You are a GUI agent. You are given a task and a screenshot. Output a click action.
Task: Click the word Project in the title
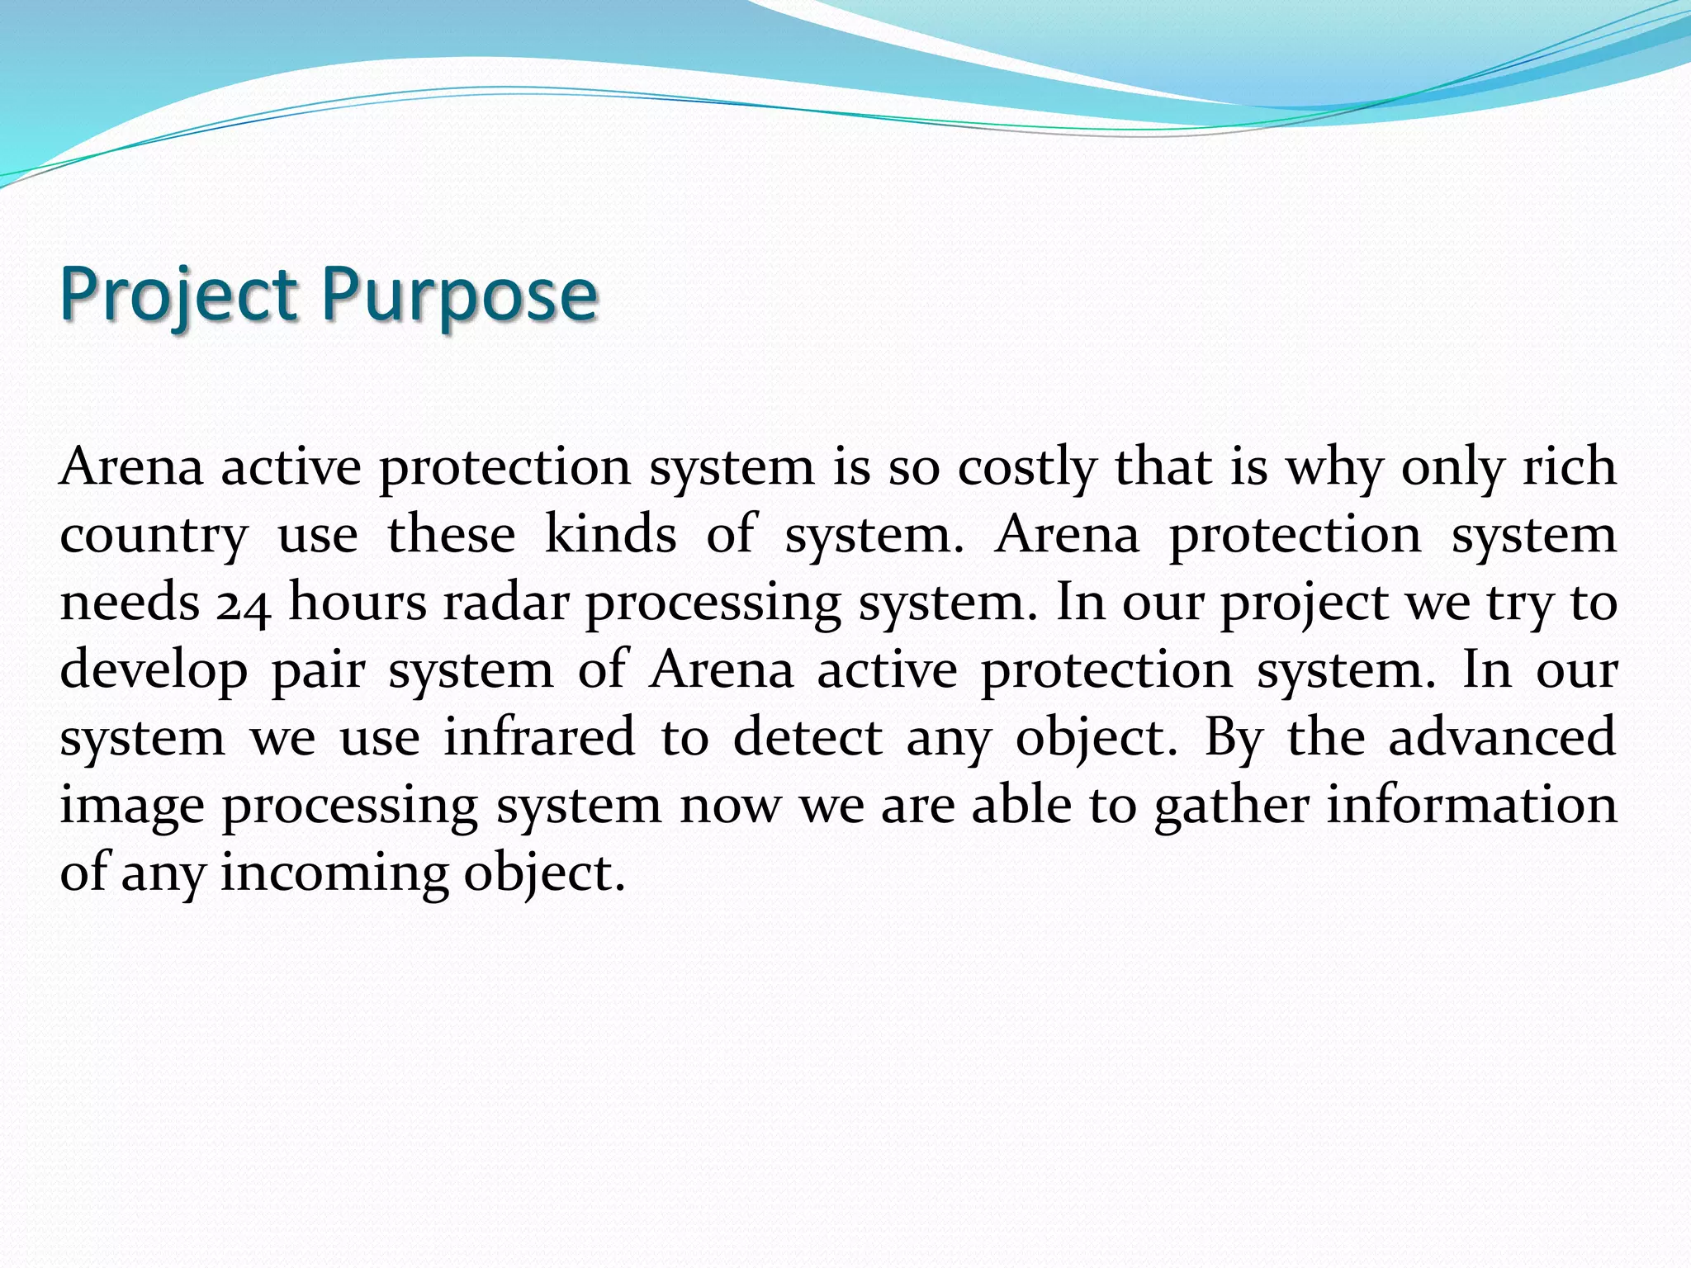(178, 295)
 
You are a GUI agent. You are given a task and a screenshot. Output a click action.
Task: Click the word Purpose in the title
(458, 295)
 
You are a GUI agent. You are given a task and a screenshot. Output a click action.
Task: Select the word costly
(1026, 468)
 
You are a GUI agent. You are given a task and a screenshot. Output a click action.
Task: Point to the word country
(153, 537)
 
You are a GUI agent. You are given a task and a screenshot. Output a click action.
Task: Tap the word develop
(154, 671)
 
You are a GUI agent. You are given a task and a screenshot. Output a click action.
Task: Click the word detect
(808, 737)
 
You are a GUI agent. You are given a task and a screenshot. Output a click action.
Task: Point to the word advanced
(1502, 737)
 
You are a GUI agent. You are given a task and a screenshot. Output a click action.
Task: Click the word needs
(130, 603)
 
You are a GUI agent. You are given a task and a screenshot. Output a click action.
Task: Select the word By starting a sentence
(1234, 737)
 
